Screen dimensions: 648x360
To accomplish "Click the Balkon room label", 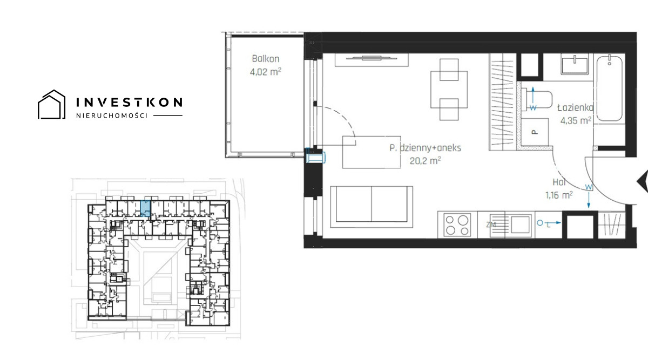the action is point(266,59).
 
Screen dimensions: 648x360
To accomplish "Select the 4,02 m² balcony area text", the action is point(266,72).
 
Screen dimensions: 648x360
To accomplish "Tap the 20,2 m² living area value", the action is point(426,160).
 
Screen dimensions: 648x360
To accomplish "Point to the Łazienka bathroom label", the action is point(576,107).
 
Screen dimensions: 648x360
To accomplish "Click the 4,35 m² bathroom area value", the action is point(576,120).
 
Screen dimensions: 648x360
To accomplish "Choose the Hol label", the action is point(559,182).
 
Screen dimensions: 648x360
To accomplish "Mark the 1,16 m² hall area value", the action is point(559,195).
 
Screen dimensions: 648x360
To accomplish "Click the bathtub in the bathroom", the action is point(609,88).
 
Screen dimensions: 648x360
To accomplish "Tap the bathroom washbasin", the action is point(575,65).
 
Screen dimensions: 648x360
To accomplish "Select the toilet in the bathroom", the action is point(537,99).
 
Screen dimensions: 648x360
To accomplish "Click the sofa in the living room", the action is point(372,207).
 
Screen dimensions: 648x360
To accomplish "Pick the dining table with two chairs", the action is point(449,90).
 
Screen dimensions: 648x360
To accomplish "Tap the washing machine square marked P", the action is point(535,132).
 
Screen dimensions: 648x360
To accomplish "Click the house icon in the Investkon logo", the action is point(51,105).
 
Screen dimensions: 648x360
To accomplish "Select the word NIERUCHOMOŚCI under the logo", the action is point(112,116).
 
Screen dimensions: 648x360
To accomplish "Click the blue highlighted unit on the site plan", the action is point(145,208).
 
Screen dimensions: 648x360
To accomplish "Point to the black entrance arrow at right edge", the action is point(643,181).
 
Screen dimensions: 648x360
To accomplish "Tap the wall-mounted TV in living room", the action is point(372,58).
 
